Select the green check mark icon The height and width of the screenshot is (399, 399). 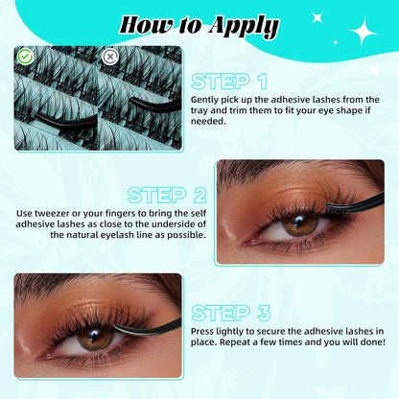(25, 57)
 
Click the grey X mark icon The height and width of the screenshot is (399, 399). (111, 57)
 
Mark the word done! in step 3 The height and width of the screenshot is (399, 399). (369, 341)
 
